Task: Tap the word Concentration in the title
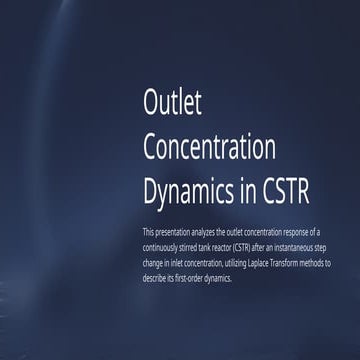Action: [209, 146]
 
